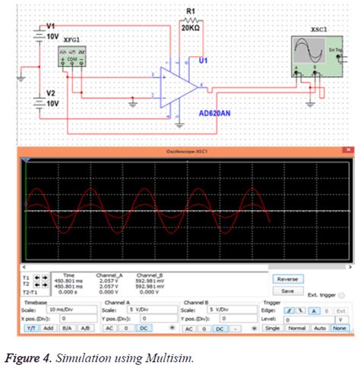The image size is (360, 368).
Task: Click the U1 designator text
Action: tap(203, 59)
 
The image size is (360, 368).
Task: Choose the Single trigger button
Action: tap(272, 329)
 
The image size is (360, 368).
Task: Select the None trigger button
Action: tap(339, 329)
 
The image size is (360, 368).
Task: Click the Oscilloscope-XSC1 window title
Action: tap(188, 152)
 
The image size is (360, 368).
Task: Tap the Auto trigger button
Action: tap(319, 329)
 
